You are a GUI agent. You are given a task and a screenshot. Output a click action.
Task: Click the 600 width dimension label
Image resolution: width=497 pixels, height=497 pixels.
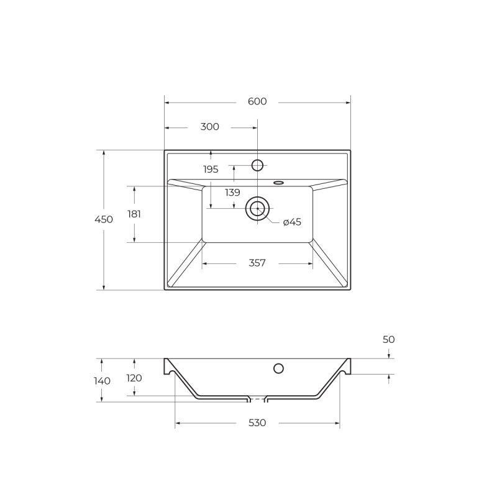coord(257,101)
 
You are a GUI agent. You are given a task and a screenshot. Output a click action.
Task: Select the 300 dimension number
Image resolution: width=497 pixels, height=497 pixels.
coord(209,127)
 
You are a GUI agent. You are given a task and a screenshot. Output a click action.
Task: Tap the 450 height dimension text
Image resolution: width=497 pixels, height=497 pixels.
coord(104,219)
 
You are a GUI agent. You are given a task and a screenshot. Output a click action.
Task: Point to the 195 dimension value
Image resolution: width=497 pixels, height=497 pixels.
coord(211,170)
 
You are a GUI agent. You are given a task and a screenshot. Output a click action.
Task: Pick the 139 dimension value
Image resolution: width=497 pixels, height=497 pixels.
coord(232,193)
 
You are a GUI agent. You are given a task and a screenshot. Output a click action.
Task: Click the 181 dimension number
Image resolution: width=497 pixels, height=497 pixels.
coord(134,214)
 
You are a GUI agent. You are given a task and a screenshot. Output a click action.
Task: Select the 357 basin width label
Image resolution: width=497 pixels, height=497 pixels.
coord(257,263)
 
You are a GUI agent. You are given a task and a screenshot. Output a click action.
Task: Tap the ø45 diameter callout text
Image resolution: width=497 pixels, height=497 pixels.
coord(292,222)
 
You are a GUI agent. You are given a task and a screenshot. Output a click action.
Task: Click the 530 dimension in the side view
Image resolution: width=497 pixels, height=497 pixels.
coord(257,423)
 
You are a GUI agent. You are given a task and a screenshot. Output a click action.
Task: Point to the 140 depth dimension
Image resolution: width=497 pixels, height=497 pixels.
coord(102,381)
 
